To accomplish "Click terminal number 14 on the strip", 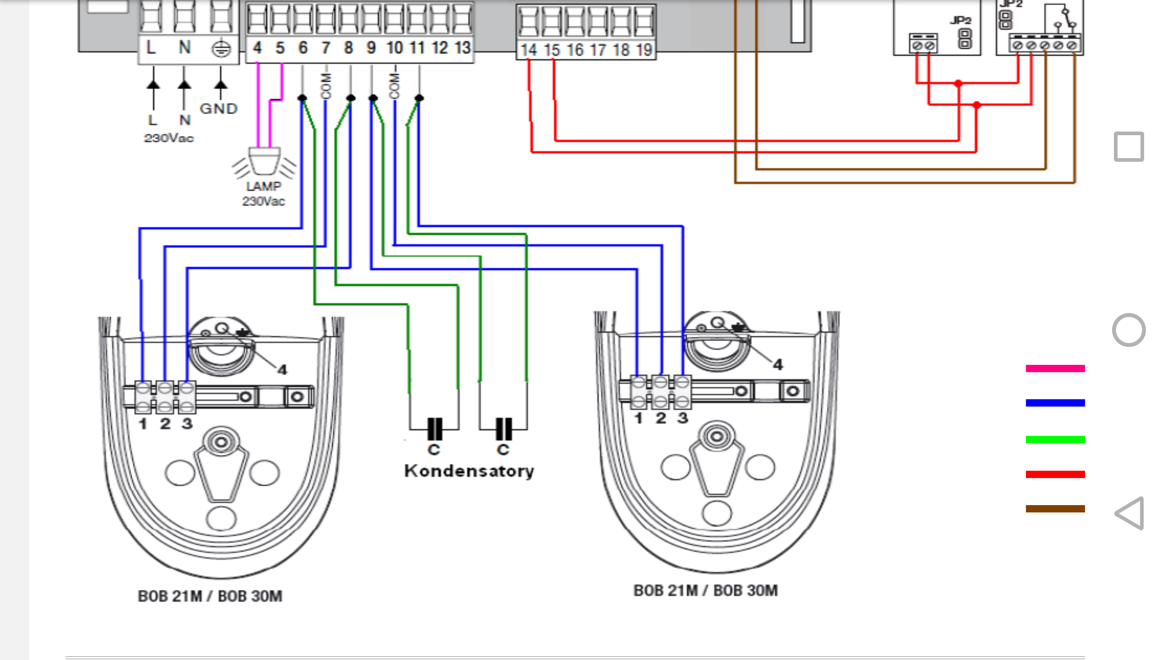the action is (x=529, y=50).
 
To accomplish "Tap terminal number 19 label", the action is (x=644, y=50).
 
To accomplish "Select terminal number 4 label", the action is (x=257, y=48).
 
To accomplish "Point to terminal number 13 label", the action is (x=462, y=48).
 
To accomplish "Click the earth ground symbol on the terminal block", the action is (x=221, y=49).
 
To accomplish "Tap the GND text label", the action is (x=219, y=109).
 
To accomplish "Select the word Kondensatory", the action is (x=469, y=471).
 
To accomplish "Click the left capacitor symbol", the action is (x=434, y=429).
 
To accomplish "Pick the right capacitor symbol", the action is (x=504, y=429).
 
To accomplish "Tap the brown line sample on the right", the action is (x=1055, y=509).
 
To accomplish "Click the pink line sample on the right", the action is (x=1055, y=368).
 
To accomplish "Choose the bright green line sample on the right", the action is (x=1055, y=440).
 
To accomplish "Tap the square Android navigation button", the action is (x=1129, y=147).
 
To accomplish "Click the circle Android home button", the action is (x=1129, y=330).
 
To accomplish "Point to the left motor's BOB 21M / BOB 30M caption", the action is (x=210, y=596).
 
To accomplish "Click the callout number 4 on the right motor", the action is (x=778, y=365).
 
